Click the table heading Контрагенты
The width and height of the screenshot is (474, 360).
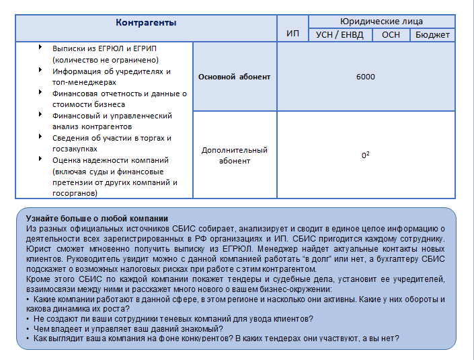[146, 23]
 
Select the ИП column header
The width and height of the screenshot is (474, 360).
[292, 34]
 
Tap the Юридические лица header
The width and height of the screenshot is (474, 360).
[381, 22]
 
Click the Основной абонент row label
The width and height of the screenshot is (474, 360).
[235, 77]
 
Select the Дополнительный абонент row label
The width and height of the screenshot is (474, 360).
[235, 155]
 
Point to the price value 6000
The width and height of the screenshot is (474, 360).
[366, 77]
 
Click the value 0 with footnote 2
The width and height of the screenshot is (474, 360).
[365, 155]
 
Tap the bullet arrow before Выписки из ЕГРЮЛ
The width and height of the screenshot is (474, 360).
[40, 47]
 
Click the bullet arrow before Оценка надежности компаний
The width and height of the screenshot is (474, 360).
[40, 159]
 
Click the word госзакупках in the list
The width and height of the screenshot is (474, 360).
[75, 149]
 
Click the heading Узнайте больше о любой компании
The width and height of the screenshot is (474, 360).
[97, 219]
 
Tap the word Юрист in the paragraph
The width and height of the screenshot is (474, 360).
[38, 248]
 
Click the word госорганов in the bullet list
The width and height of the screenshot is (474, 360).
[75, 193]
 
